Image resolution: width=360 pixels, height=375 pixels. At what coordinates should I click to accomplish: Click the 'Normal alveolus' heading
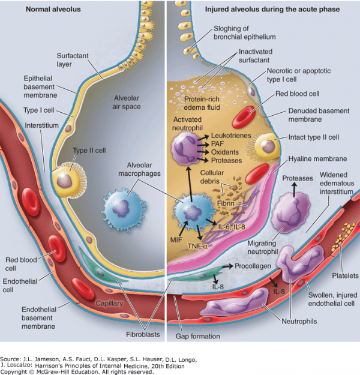click(53, 10)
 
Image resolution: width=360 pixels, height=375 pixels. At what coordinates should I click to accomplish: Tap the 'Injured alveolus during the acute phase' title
click(272, 10)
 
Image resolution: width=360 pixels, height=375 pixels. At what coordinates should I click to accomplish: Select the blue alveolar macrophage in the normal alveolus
click(124, 209)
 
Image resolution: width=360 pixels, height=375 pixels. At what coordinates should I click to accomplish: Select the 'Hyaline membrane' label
click(317, 159)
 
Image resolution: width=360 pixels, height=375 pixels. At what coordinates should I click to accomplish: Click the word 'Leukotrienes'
click(231, 136)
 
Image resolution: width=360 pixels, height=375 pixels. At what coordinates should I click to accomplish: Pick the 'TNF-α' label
click(197, 246)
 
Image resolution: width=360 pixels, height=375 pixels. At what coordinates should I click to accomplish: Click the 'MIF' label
click(176, 239)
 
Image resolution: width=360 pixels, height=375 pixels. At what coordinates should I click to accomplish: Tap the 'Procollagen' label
click(253, 266)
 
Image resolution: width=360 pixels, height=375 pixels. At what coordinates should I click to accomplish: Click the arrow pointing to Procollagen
click(228, 266)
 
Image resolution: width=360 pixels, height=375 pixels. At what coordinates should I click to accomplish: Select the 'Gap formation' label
click(198, 336)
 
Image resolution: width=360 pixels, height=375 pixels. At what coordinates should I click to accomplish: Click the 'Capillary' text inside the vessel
click(109, 304)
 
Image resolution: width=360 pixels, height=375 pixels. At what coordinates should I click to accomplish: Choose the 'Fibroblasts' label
click(143, 334)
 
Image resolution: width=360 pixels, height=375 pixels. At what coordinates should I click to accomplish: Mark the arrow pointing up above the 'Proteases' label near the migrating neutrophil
click(294, 188)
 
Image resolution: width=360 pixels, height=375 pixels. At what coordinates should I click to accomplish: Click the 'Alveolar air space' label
click(126, 103)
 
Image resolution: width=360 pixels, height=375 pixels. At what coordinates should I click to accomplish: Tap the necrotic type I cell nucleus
click(251, 91)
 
